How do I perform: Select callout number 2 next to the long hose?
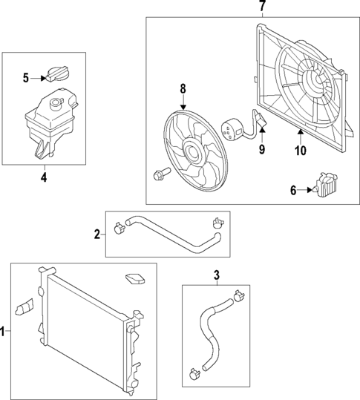coord(97,235)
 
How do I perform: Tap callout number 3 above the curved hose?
coord(217,276)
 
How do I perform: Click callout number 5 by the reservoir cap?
coord(25,77)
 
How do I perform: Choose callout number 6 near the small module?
coord(294,191)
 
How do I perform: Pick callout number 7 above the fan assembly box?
coord(261,7)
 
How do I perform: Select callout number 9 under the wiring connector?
coord(261,148)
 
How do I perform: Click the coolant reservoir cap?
coord(56,74)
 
